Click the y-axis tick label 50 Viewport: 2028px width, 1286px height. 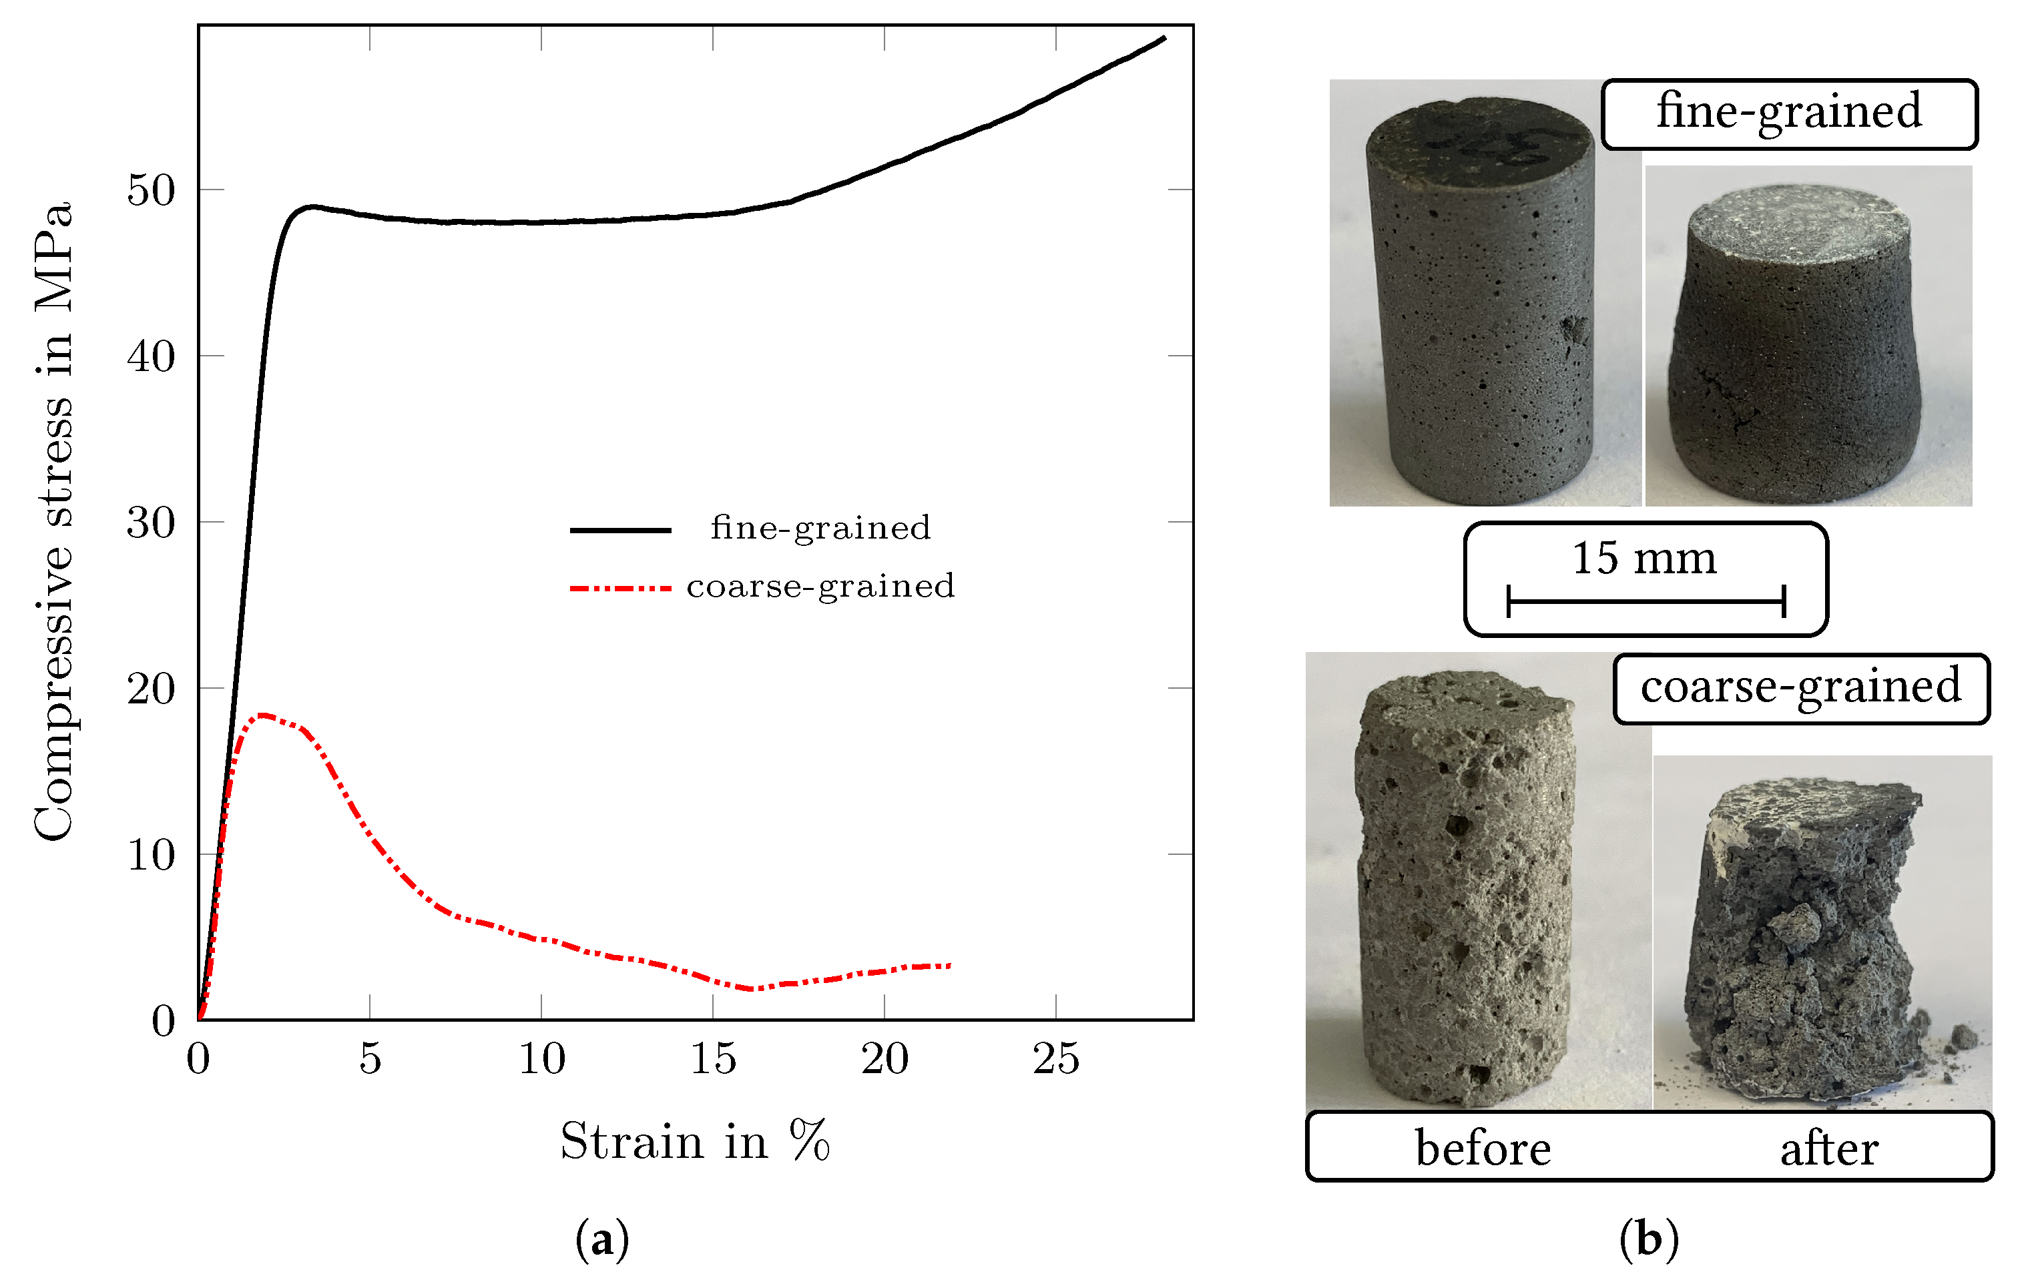coord(151,190)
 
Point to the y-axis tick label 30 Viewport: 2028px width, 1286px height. coord(151,523)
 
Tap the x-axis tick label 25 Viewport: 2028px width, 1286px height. coord(1056,1058)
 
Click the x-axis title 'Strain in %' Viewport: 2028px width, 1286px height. coord(695,1141)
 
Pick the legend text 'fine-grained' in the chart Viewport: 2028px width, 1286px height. coord(820,528)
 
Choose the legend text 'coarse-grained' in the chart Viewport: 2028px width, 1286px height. coord(820,586)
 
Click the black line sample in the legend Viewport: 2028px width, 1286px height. coord(621,530)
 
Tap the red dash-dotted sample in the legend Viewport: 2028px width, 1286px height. coord(621,588)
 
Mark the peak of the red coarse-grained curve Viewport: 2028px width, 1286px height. coord(264,715)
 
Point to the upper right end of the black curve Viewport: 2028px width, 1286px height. coord(1164,38)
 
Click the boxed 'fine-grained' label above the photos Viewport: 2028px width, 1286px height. coord(1789,113)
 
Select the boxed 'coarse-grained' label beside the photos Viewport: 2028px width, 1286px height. coord(1800,687)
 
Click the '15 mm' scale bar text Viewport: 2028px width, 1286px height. coord(1644,559)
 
